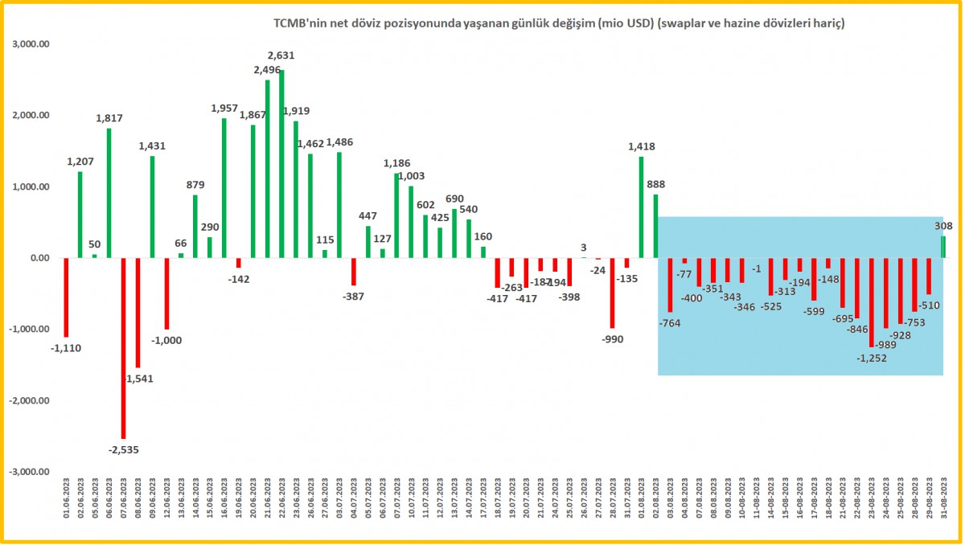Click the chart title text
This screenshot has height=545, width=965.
point(560,25)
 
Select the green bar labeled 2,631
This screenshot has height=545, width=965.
point(281,164)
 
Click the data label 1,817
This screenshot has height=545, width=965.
point(109,117)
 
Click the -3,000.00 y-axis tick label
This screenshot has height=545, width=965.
point(31,472)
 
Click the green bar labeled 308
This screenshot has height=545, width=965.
point(943,247)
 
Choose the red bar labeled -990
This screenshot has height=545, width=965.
point(612,293)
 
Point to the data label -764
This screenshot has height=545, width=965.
point(669,322)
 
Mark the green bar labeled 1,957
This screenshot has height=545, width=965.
point(224,188)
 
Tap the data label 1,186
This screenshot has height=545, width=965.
point(396,163)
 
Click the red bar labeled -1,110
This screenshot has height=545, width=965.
point(66,297)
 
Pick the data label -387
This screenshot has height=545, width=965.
point(353,297)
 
